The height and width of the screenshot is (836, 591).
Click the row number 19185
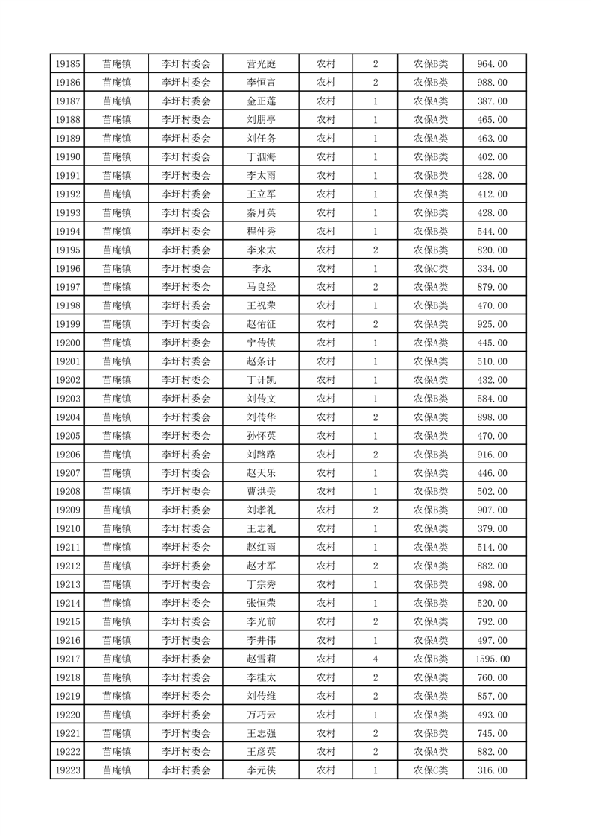coord(68,64)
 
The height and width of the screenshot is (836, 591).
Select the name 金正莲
coord(261,101)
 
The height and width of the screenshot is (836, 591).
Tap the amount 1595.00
coord(492,659)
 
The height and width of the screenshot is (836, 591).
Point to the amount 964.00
coord(492,64)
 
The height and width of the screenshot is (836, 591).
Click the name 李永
coord(261,268)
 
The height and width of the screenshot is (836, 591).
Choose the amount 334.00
coord(492,268)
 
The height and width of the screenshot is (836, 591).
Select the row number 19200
coord(68,343)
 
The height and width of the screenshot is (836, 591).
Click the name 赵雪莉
coord(261,659)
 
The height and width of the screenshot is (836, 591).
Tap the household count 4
coord(375,659)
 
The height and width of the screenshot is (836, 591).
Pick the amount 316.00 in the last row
coord(492,770)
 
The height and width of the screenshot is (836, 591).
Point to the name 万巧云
coord(261,715)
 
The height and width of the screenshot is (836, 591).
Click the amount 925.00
coord(492,324)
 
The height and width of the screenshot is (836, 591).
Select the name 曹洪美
coord(261,492)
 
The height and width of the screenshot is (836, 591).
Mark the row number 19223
coord(68,770)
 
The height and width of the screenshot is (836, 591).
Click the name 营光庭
coord(261,64)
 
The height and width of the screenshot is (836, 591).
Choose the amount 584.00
coord(492,399)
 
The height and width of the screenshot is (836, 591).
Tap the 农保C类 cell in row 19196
coord(431,268)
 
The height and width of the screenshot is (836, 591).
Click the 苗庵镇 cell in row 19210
coord(117,529)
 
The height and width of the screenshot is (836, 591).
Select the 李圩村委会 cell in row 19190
coord(186,157)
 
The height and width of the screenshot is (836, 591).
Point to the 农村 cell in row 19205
coord(326,436)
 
